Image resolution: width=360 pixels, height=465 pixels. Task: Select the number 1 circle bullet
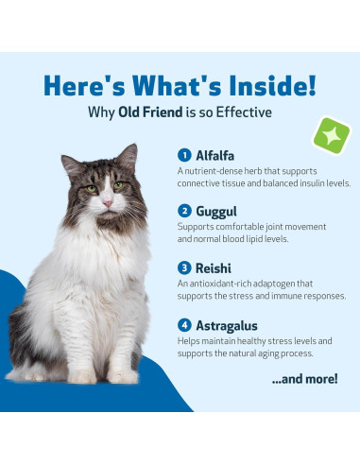point(183,154)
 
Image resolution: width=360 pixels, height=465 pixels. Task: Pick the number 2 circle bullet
point(183,211)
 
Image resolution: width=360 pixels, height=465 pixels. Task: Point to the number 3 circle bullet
point(183,267)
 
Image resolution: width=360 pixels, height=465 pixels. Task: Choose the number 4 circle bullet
point(183,324)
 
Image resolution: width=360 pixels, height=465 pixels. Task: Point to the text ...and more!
point(304,378)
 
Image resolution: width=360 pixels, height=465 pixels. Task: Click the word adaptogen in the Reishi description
point(266,284)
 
